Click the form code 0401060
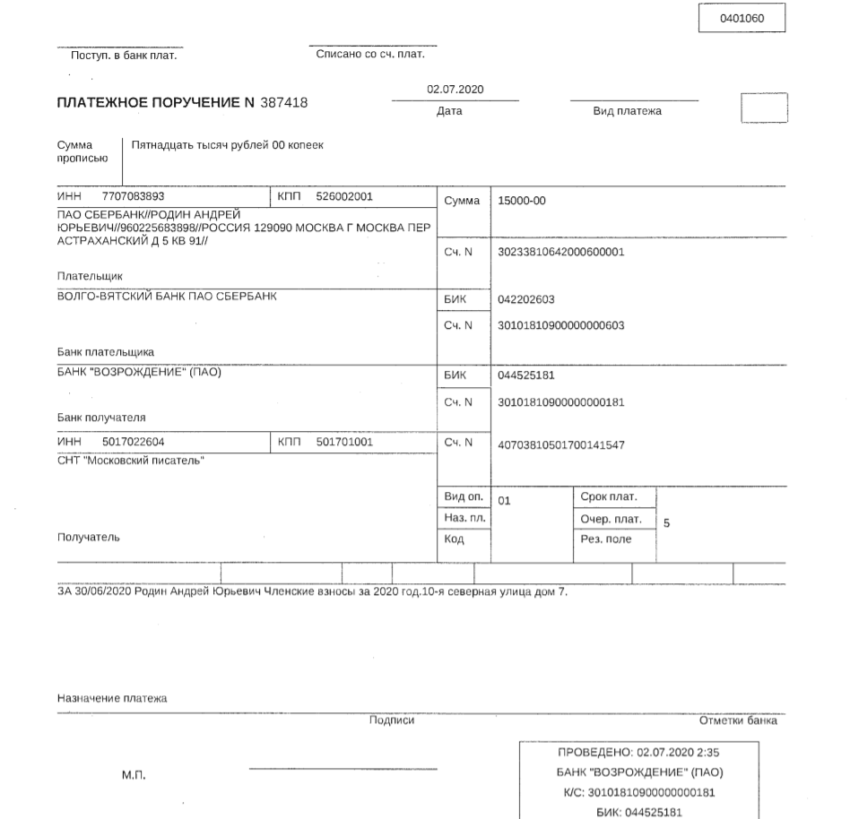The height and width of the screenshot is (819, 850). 742,18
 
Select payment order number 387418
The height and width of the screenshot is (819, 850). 284,103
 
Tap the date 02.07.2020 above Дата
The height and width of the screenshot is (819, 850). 455,90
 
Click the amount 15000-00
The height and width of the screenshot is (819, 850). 522,201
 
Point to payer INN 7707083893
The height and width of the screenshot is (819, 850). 134,195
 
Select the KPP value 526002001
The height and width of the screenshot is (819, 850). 344,195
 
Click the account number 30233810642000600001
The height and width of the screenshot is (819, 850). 560,252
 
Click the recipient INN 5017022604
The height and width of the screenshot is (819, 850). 134,442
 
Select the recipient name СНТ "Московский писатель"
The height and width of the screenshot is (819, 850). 131,461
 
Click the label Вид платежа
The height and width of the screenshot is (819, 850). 628,112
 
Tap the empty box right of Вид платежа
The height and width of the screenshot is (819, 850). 764,108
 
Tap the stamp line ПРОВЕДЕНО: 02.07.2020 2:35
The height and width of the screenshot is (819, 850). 640,754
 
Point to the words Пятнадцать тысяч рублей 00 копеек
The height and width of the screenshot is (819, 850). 227,144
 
